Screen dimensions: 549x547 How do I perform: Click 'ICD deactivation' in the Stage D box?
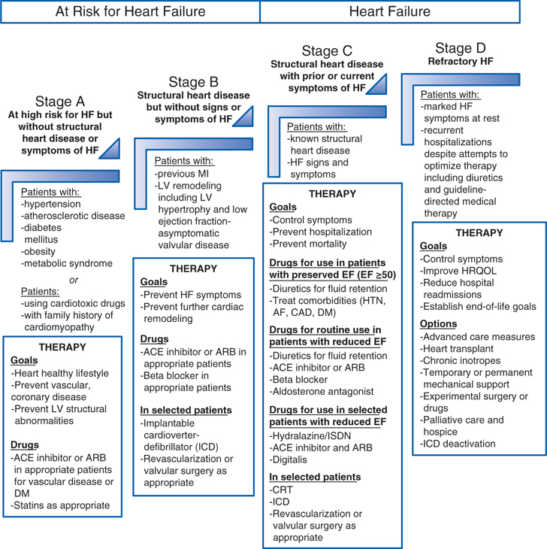pos(459,443)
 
